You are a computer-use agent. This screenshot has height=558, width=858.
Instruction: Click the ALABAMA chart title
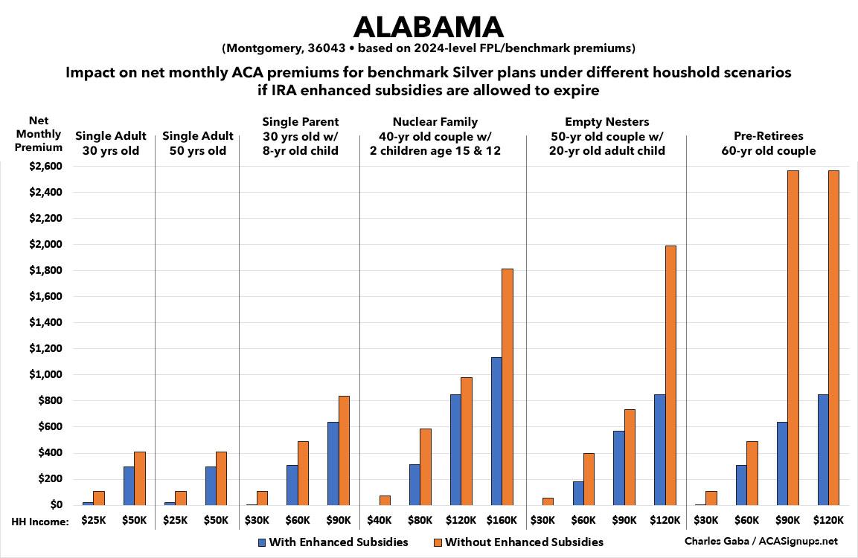(x=429, y=26)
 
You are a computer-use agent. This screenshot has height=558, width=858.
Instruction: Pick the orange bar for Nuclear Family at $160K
(x=508, y=387)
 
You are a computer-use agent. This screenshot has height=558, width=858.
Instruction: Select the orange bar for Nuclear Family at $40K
(x=385, y=500)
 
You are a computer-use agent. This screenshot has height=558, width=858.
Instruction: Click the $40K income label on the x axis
(x=380, y=521)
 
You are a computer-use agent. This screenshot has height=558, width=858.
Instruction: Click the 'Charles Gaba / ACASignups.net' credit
(x=771, y=542)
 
